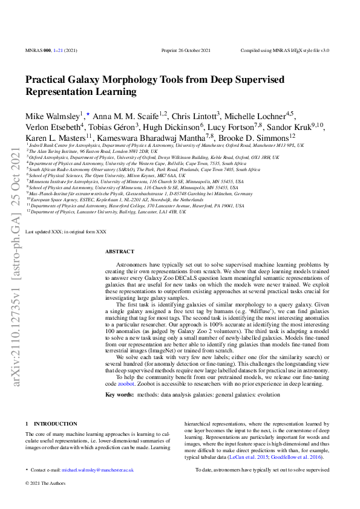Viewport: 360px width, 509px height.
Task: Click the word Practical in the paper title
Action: point(45,80)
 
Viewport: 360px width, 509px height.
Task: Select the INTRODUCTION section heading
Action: point(55,424)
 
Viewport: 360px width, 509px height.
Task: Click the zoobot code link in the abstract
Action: point(126,383)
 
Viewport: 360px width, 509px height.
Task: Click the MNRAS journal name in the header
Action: point(34,51)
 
